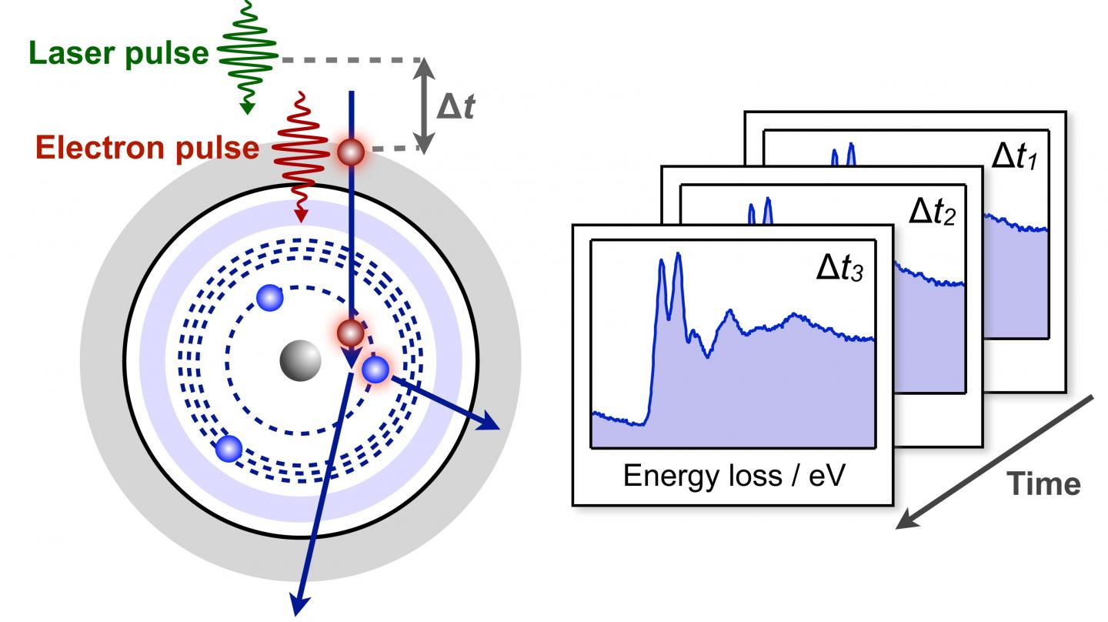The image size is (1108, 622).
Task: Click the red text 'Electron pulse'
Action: (147, 148)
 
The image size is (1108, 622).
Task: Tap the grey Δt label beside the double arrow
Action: (455, 107)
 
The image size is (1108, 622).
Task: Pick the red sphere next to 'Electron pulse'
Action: (351, 152)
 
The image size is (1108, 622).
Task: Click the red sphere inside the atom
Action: (351, 333)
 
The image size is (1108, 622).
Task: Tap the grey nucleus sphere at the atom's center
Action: (299, 359)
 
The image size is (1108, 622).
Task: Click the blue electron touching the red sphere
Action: (375, 370)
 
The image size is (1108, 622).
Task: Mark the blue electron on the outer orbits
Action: (229, 447)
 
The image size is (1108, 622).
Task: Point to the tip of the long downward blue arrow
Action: (298, 608)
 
